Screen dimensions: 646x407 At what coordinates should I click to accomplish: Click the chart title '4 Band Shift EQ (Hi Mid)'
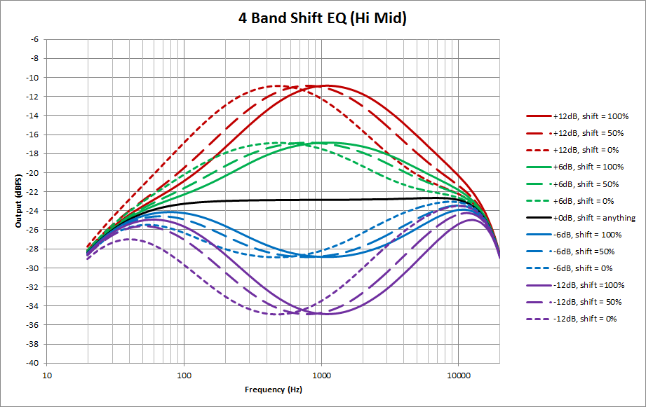click(x=323, y=18)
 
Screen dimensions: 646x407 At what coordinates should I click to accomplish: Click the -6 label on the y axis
click(x=35, y=39)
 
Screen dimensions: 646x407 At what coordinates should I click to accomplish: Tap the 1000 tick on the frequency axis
click(x=321, y=375)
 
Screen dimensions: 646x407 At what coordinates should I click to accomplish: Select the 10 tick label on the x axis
click(x=47, y=375)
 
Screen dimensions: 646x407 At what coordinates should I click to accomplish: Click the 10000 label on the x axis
click(x=459, y=375)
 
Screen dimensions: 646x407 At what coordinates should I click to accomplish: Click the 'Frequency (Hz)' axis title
click(x=273, y=389)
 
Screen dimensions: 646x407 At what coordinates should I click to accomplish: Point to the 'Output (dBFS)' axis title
click(x=18, y=201)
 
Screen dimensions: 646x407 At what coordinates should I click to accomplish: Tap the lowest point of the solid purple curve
click(x=328, y=314)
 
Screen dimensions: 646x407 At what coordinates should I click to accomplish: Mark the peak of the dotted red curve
click(x=277, y=85)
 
